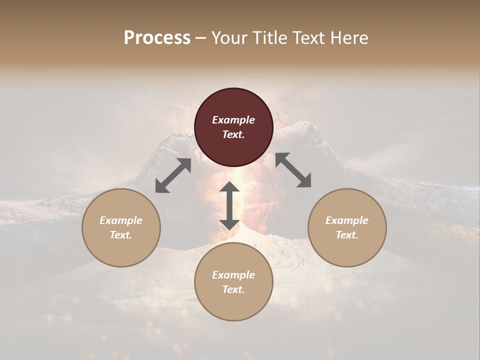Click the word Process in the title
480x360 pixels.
click(x=157, y=38)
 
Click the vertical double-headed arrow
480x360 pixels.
click(x=229, y=205)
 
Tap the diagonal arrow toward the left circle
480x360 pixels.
click(x=173, y=175)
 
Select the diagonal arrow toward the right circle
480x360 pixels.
click(x=293, y=170)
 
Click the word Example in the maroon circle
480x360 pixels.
click(x=233, y=120)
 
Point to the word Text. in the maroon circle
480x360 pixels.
click(x=233, y=134)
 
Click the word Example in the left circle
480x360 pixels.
click(x=121, y=220)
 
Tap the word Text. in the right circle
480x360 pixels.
click(x=347, y=235)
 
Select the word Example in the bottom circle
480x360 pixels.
click(x=233, y=275)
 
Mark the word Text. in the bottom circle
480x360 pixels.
click(x=233, y=289)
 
